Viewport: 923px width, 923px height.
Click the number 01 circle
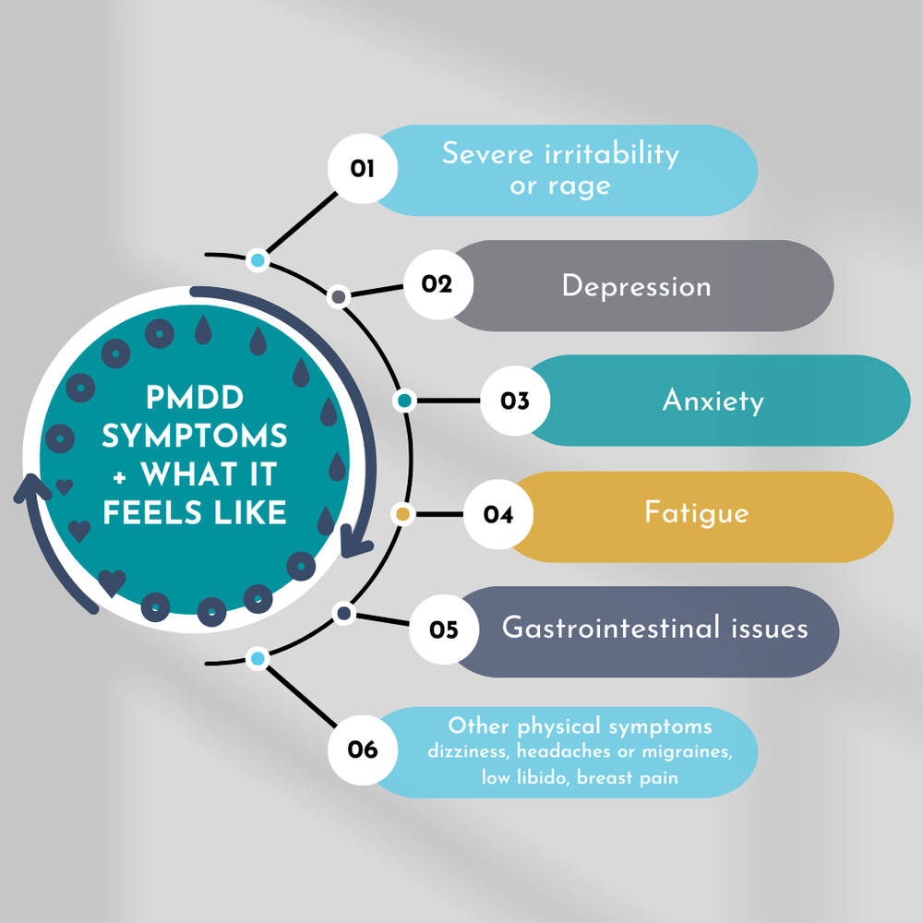[363, 169]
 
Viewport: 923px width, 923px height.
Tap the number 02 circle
[438, 284]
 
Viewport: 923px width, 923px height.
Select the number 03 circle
[515, 401]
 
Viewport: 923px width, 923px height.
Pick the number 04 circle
[498, 515]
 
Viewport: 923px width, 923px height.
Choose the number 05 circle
[444, 630]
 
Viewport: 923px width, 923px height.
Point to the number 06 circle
[363, 749]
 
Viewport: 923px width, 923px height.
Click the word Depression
[636, 286]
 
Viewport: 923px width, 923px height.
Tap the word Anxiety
[713, 402]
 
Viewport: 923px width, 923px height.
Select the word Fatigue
[697, 514]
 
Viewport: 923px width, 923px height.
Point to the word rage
[579, 186]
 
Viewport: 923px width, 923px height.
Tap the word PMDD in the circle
[196, 398]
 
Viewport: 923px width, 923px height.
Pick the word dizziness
[468, 752]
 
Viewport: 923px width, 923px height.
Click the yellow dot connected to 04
[402, 513]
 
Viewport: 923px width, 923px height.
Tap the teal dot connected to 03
[403, 401]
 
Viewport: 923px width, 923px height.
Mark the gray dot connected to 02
[339, 296]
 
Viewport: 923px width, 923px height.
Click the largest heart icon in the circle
[112, 582]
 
